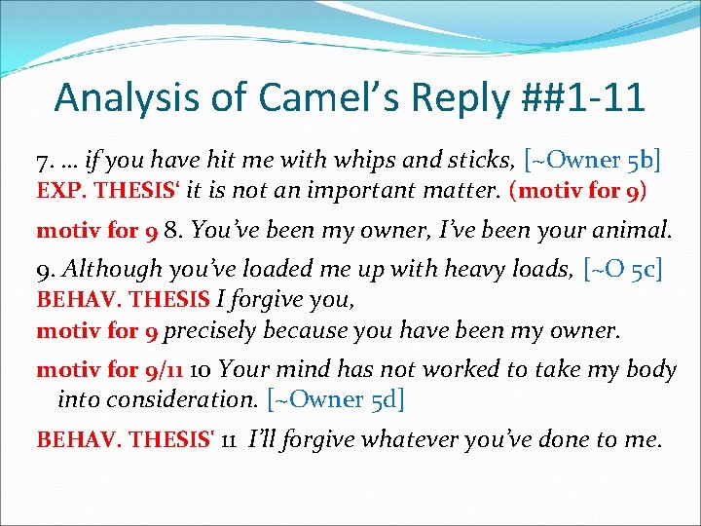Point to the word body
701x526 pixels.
click(x=652, y=369)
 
